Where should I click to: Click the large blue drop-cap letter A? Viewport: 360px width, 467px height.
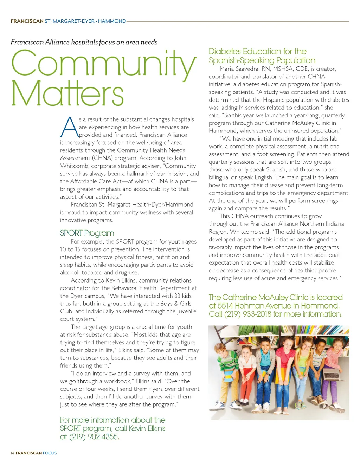coord(69,127)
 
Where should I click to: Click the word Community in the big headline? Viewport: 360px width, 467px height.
coord(104,64)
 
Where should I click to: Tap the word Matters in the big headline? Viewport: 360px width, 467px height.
coord(67,93)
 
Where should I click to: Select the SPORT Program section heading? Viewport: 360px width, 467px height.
coord(87,233)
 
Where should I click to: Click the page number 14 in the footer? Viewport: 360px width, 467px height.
coord(12,453)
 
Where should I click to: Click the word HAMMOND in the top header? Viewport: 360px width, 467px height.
coord(112,21)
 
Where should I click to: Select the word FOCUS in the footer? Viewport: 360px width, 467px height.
coord(50,453)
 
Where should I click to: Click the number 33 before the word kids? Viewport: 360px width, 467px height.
coord(177,296)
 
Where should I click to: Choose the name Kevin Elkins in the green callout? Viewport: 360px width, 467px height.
coord(147,428)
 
